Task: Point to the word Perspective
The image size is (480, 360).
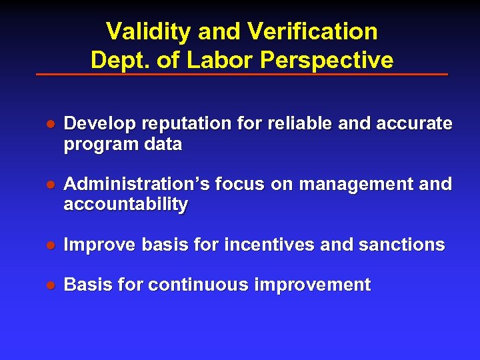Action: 327,60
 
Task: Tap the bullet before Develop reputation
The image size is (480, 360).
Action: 49,125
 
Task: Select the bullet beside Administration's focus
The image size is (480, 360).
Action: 49,185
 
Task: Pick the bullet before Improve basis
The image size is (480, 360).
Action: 49,245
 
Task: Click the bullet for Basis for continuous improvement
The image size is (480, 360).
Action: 49,285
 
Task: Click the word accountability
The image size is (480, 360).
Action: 125,204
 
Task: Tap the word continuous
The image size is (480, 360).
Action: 197,285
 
